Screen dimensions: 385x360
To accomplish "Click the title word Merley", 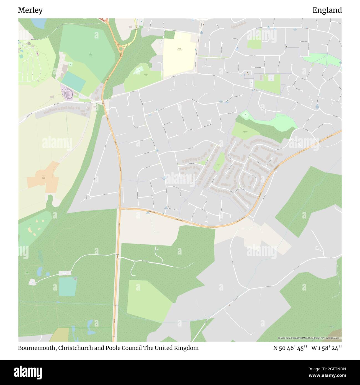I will (30, 10).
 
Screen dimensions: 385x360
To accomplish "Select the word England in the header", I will (327, 10).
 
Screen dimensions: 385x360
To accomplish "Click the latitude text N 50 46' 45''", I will (290, 348).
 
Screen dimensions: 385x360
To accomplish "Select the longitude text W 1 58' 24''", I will (326, 348).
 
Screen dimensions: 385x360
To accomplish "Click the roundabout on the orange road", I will (121, 49).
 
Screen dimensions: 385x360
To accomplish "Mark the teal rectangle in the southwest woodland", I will (67, 286).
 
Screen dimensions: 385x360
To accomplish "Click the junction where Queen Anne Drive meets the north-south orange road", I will (120, 208).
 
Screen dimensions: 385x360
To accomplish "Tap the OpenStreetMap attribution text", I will (310, 338).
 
